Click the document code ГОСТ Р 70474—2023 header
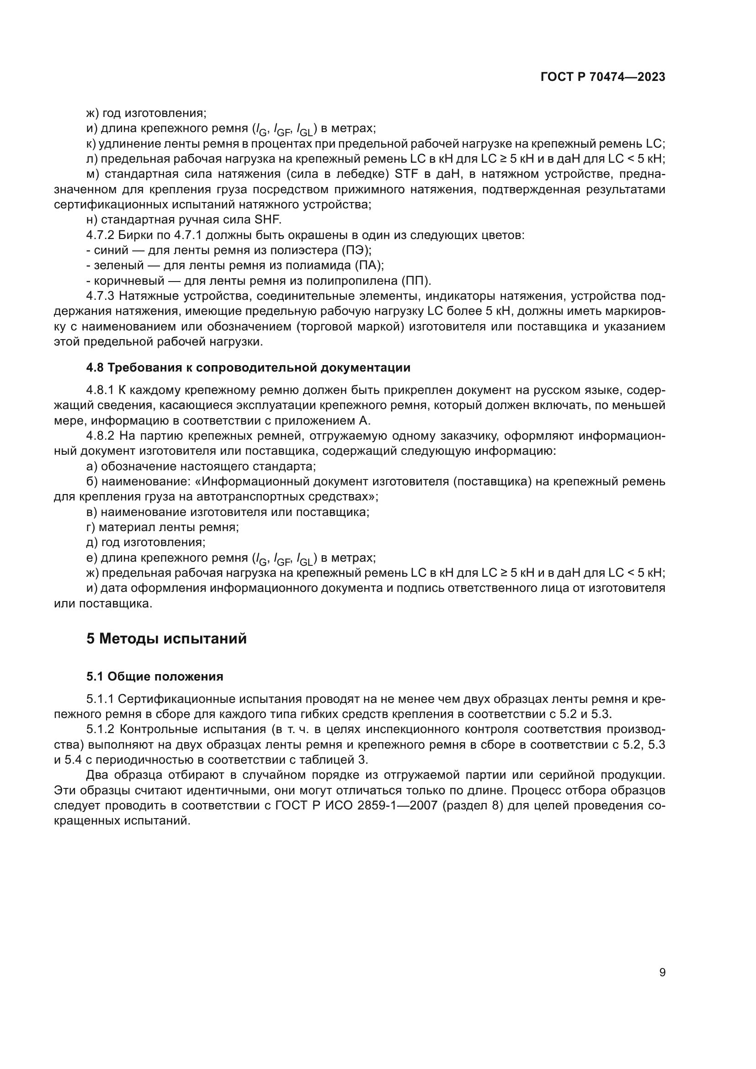pyautogui.click(x=603, y=77)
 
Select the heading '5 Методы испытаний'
pyautogui.click(x=166, y=638)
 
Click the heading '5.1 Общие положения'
pyautogui.click(x=154, y=676)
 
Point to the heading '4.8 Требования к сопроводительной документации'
pyautogui.click(x=248, y=368)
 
